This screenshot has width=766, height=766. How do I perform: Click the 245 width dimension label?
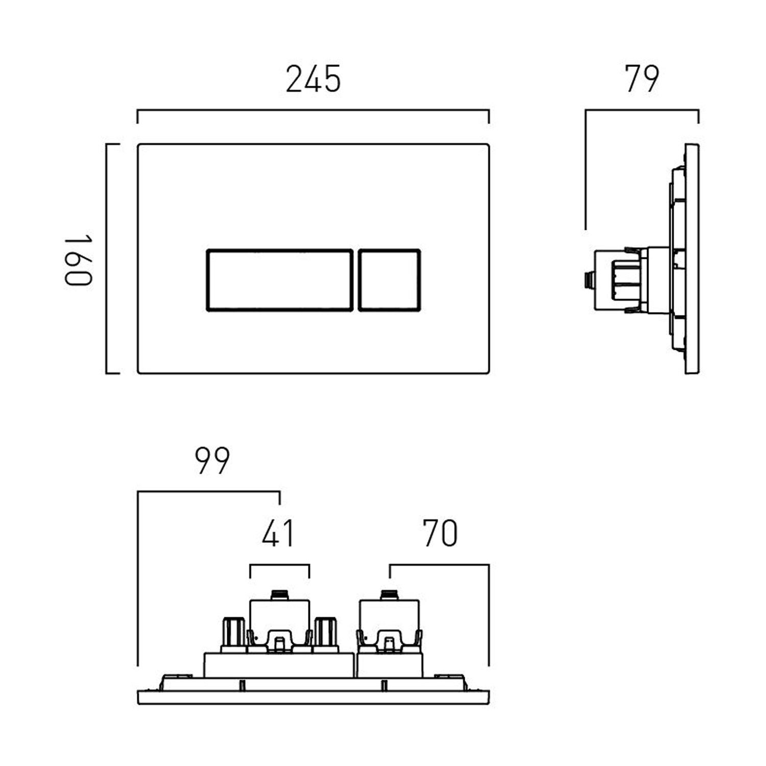point(313,80)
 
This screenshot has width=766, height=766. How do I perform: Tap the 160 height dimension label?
point(78,259)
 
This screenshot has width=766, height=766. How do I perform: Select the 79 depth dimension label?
point(642,79)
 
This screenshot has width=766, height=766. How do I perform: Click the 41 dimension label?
point(278,533)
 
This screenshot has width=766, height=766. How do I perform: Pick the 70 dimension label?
point(440,533)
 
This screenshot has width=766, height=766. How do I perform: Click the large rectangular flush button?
point(279,280)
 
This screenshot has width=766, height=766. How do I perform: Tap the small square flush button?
point(389,280)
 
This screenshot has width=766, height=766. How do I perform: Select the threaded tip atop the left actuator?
point(279,594)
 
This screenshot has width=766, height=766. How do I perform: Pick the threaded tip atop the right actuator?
point(389,594)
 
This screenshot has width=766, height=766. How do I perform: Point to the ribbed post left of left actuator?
point(233,633)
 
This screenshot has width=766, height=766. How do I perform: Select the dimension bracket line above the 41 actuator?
point(279,565)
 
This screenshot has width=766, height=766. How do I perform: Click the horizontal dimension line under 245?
point(313,110)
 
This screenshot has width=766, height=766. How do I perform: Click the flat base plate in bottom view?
point(313,698)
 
